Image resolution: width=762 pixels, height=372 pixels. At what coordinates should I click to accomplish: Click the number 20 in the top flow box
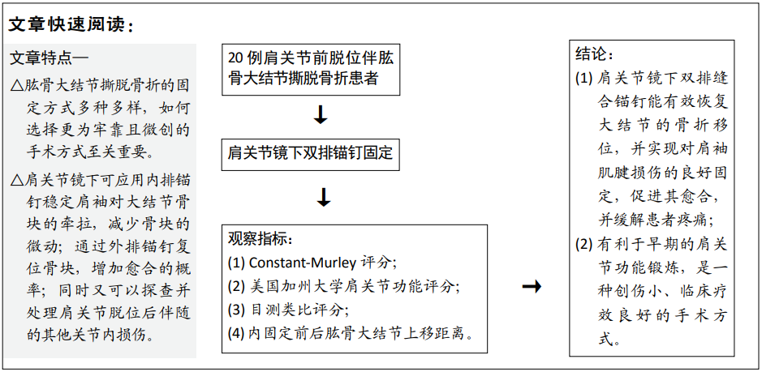[x=235, y=59]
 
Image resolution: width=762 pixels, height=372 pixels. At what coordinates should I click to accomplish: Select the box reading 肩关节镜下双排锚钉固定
[x=311, y=155]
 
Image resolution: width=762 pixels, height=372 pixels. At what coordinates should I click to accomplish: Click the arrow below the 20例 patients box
[x=321, y=114]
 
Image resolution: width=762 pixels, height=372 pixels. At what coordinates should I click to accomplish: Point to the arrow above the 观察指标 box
[x=324, y=197]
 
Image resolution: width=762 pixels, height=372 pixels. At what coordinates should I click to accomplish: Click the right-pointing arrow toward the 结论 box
[x=532, y=287]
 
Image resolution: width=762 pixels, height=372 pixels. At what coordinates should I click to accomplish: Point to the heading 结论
[x=594, y=53]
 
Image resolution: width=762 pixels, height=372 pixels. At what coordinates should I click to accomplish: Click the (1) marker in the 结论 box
[x=583, y=78]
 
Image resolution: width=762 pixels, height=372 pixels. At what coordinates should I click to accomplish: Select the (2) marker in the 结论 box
[x=583, y=244]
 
